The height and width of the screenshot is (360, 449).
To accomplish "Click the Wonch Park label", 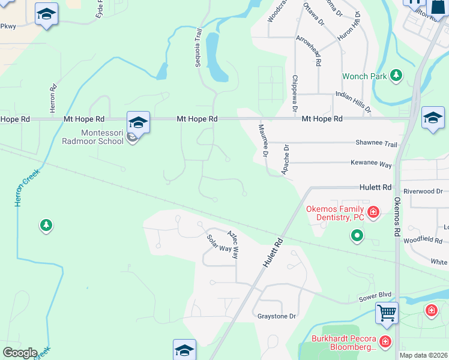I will click(364, 77).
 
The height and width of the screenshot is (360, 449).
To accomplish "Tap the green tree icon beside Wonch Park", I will click(396, 75).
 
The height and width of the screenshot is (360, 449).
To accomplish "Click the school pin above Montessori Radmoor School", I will click(138, 122).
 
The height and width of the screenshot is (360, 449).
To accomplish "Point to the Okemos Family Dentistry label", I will click(336, 214).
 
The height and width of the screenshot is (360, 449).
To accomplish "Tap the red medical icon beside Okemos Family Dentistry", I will click(373, 212).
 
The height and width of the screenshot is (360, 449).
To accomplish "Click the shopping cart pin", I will click(387, 312).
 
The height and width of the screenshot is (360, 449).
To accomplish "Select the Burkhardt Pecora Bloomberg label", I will click(344, 343).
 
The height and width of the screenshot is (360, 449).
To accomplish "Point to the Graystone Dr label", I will click(277, 316).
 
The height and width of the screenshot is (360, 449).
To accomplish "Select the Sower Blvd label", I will click(375, 295).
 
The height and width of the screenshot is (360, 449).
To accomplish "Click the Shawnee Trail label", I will click(376, 144).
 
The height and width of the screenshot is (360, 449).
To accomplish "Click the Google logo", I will click(20, 353).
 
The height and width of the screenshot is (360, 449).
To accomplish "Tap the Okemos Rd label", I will click(397, 215).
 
